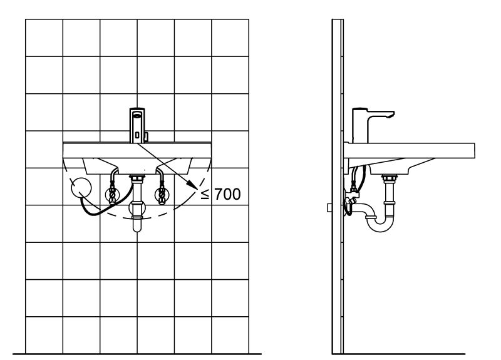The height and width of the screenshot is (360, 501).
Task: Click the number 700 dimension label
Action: click(x=227, y=194)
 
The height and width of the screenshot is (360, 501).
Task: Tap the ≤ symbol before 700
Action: click(x=205, y=194)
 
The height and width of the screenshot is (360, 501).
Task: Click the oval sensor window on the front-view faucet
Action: click(x=137, y=116)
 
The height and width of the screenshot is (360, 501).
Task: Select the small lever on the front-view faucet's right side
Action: click(x=147, y=137)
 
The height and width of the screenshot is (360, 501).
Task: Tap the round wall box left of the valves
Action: click(x=81, y=188)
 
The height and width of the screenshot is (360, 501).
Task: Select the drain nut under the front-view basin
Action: click(x=137, y=178)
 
